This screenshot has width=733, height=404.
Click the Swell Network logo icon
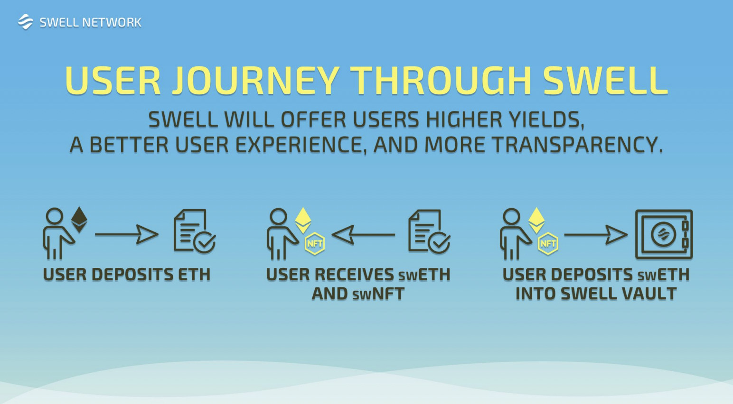pyautogui.click(x=25, y=22)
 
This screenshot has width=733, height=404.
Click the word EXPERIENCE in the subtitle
pyautogui.click(x=301, y=145)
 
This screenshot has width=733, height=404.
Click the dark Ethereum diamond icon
pyautogui.click(x=79, y=220)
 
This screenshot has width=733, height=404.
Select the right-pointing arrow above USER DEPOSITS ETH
pyautogui.click(x=127, y=234)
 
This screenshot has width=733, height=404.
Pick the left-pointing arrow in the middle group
pyautogui.click(x=363, y=235)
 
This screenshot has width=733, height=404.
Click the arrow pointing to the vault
pyautogui.click(x=596, y=235)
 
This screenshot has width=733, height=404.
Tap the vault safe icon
pyautogui.click(x=664, y=234)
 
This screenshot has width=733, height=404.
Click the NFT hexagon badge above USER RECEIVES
pyautogui.click(x=314, y=244)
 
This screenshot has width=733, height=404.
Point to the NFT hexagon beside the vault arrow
pyautogui.click(x=548, y=244)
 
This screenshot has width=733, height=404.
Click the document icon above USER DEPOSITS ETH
pyautogui.click(x=194, y=231)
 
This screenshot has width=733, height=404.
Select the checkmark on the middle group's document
pyautogui.click(x=439, y=243)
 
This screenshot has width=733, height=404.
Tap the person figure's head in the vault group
pyautogui.click(x=511, y=217)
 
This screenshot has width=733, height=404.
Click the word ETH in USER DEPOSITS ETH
pyautogui.click(x=194, y=275)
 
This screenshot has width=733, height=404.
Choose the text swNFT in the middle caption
pyautogui.click(x=378, y=294)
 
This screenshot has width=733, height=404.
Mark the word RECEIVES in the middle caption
pyautogui.click(x=354, y=275)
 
